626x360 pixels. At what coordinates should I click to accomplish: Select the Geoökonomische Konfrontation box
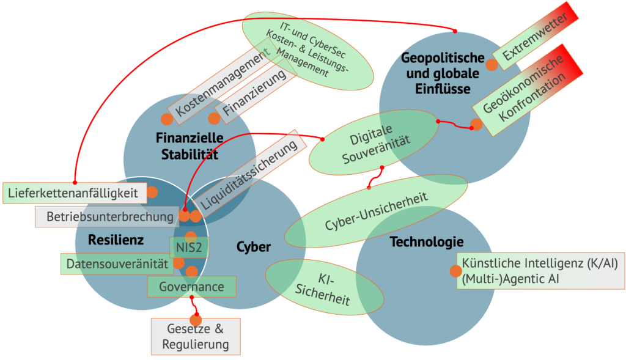click(x=523, y=90)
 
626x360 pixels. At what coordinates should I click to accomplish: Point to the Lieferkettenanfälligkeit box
click(x=75, y=193)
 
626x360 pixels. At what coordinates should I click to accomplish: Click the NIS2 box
click(x=190, y=248)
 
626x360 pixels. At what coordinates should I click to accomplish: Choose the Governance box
click(x=191, y=286)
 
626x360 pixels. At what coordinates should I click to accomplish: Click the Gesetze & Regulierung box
click(x=196, y=336)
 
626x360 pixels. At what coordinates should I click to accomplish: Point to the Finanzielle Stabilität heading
click(x=190, y=145)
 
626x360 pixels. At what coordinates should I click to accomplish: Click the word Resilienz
click(x=116, y=240)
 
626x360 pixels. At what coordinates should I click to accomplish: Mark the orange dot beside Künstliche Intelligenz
click(x=455, y=271)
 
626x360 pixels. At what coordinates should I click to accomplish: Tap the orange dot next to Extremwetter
click(x=492, y=64)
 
